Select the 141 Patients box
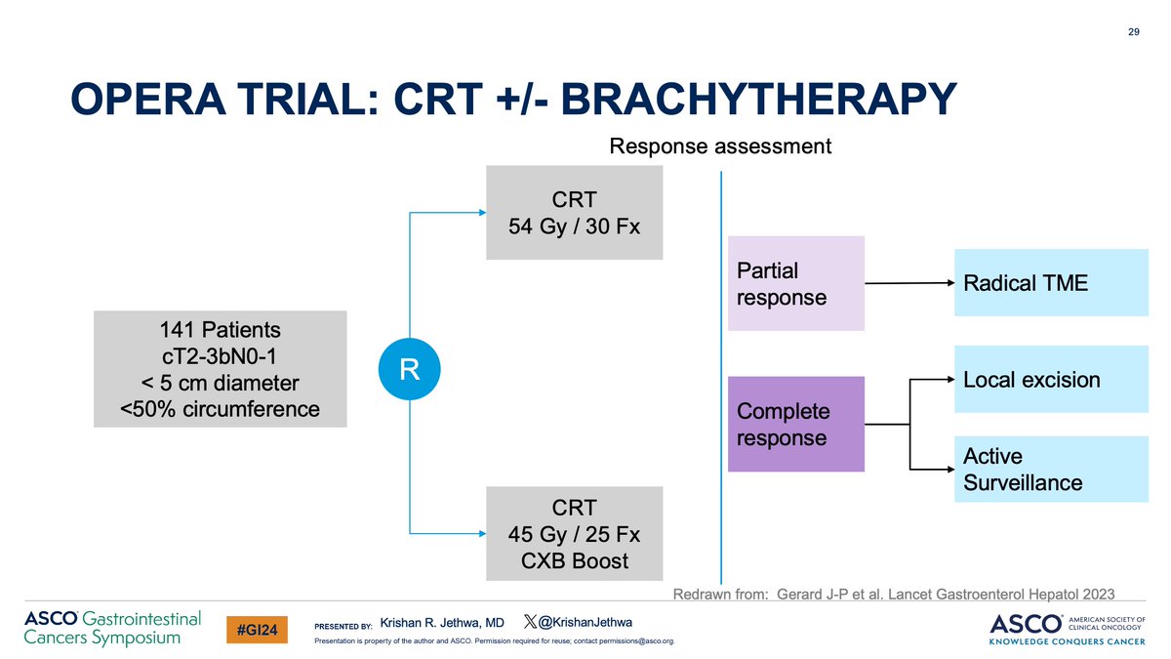[221, 369]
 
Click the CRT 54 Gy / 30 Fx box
[574, 213]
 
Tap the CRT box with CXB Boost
[574, 534]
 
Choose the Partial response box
[795, 283]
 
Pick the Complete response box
[795, 424]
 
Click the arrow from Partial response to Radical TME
[909, 283]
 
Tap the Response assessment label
[720, 146]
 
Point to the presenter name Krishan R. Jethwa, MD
[441, 622]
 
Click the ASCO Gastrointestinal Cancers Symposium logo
[112, 628]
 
